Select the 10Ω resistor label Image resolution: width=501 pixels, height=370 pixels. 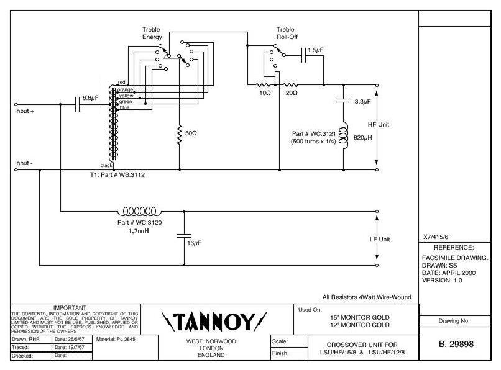pos(264,92)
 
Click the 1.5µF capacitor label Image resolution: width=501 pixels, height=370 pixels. pos(315,50)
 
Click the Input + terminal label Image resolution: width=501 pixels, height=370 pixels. pos(25,112)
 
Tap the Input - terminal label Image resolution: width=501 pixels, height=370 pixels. pos(24,163)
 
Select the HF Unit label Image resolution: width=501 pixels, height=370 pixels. pos(378,124)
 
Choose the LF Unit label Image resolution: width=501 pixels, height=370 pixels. pos(378,239)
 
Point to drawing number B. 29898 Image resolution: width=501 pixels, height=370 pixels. pos(459,344)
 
